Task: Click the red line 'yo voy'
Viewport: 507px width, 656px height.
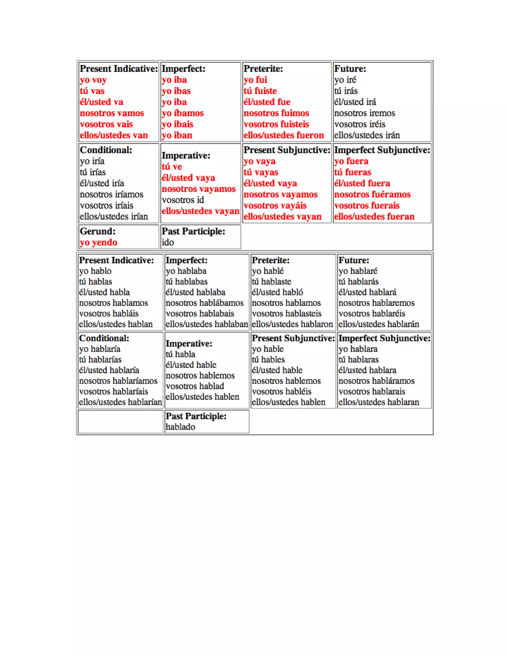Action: [93, 80]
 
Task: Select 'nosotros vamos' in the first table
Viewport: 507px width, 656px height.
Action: [112, 113]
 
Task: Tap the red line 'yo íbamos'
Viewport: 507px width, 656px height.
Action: [183, 113]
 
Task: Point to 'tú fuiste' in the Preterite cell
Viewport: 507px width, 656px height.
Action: [260, 91]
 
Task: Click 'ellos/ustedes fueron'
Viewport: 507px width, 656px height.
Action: [283, 135]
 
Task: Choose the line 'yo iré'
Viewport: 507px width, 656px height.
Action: [345, 80]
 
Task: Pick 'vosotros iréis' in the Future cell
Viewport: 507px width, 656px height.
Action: [359, 124]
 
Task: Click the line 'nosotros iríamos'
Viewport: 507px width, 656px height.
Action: [111, 195]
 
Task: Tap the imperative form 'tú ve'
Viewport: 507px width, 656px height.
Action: [172, 167]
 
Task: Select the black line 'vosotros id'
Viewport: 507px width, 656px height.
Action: [183, 200]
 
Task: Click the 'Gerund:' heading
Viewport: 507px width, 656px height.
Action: [98, 231]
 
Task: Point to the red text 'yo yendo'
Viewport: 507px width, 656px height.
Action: [99, 242]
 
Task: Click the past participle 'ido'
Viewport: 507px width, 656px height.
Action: [168, 242]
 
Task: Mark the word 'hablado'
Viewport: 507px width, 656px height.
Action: [180, 427]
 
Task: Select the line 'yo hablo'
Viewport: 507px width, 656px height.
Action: [95, 271]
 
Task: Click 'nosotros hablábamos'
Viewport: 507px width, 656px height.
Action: [204, 303]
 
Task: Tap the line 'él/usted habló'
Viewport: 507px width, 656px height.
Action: [277, 292]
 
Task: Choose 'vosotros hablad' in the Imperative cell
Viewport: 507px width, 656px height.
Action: [195, 386]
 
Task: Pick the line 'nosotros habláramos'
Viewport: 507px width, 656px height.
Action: [376, 381]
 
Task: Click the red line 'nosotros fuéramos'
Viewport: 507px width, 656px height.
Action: [372, 195]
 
